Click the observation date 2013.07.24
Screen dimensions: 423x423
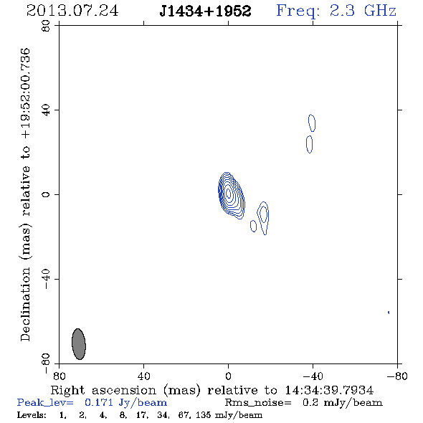tap(72, 11)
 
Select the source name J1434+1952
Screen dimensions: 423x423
tap(205, 11)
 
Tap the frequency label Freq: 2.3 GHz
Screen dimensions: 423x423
tap(336, 11)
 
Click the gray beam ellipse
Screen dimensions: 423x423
tap(79, 344)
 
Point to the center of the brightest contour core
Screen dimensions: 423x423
tap(229, 193)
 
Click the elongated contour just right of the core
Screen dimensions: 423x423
tap(263, 217)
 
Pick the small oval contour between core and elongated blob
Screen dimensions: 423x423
tap(253, 226)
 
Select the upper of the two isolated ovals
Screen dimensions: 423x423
tap(312, 123)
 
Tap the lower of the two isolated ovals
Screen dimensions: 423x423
tap(310, 144)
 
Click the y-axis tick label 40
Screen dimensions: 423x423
tap(46, 110)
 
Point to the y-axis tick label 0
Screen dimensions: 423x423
tap(46, 194)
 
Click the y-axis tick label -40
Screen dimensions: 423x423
tap(46, 279)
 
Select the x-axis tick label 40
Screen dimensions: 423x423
tap(143, 376)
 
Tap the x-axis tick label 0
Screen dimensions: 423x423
tap(228, 376)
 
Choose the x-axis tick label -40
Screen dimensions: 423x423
tap(313, 376)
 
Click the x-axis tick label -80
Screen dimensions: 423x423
tap(397, 376)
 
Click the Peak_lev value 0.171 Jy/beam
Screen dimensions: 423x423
tap(125, 402)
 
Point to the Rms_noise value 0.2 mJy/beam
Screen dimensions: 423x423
tap(343, 402)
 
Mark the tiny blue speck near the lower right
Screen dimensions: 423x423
tap(389, 313)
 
